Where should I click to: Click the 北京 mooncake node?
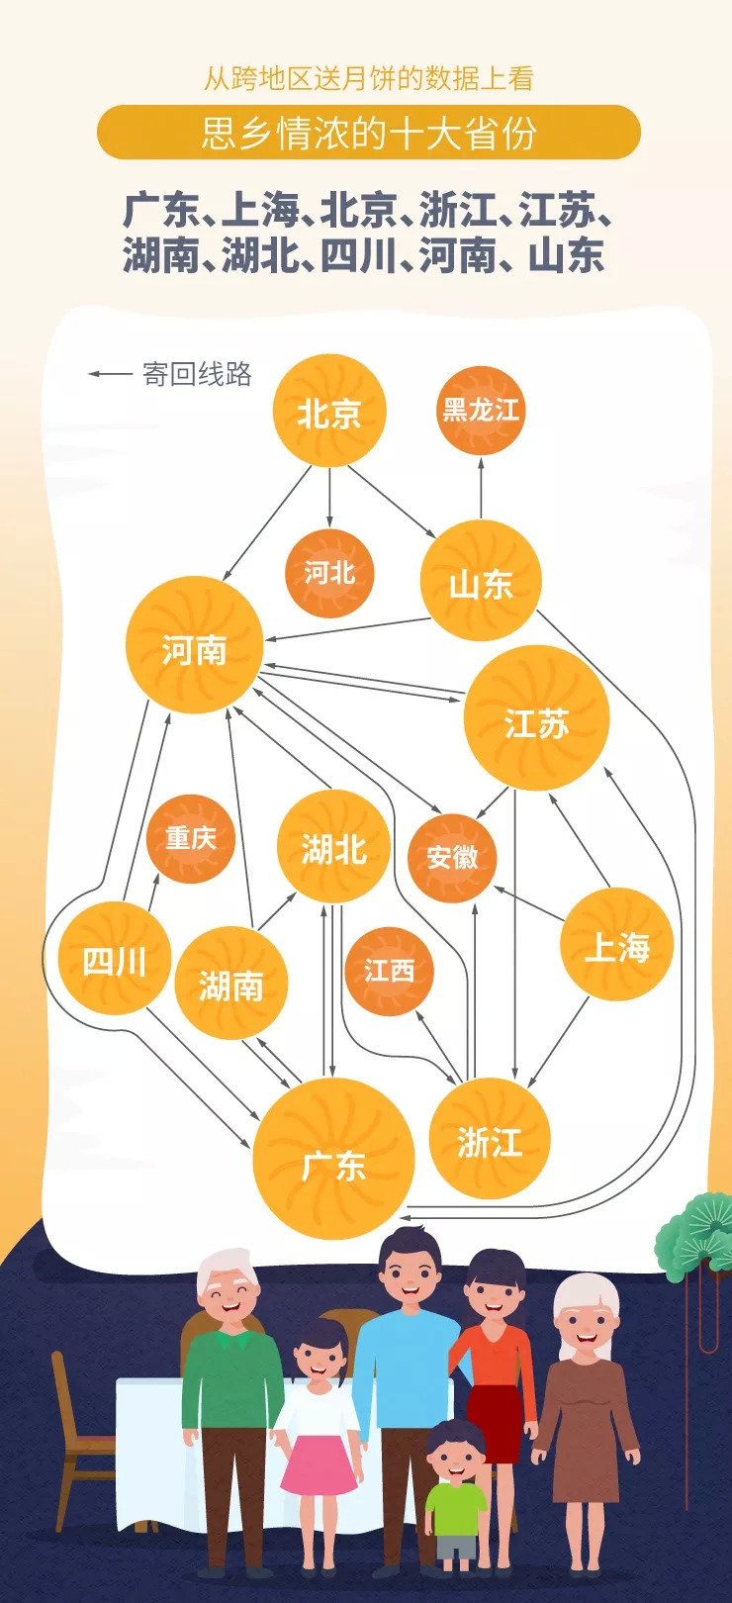point(328,412)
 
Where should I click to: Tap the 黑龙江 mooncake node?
point(481,410)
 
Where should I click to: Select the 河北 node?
point(329,573)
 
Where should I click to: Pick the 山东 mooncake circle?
point(481,582)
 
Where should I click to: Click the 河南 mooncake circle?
point(194,646)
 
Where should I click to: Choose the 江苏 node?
point(536,718)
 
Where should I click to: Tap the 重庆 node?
point(190,838)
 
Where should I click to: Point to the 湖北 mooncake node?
point(334,847)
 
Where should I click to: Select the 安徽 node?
point(452,857)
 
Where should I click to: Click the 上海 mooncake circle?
point(617,944)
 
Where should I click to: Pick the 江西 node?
point(389,971)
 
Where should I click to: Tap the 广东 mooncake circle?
point(333,1159)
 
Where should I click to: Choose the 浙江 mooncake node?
point(489,1139)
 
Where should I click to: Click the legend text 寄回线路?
point(197,374)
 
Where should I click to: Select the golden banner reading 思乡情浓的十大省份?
point(368,133)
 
